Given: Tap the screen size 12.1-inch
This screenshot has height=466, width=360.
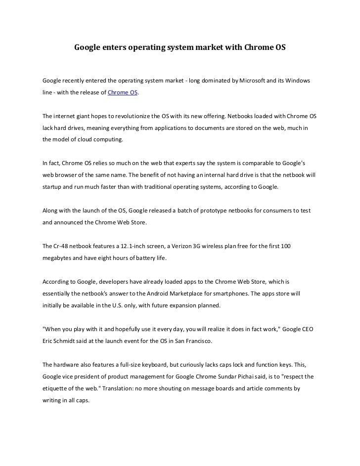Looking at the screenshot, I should point(129,246).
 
